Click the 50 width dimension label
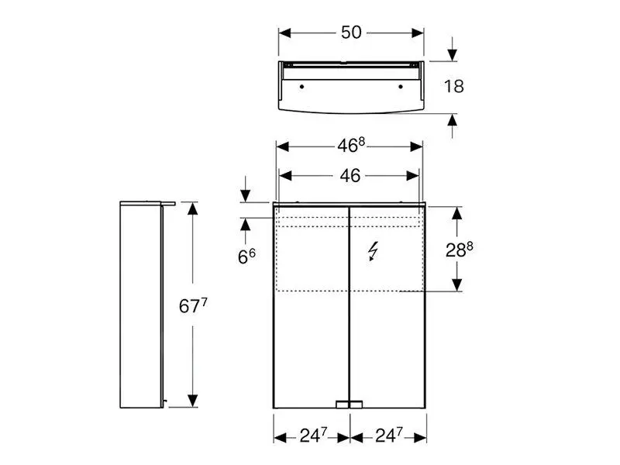(351, 33)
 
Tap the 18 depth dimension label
(453, 87)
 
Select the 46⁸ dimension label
(351, 146)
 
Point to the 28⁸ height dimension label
(459, 250)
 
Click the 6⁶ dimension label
(246, 257)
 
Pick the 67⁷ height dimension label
(193, 305)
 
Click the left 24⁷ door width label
(314, 436)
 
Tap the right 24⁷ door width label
(389, 436)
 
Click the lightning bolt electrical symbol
(373, 251)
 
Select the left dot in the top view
(301, 86)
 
